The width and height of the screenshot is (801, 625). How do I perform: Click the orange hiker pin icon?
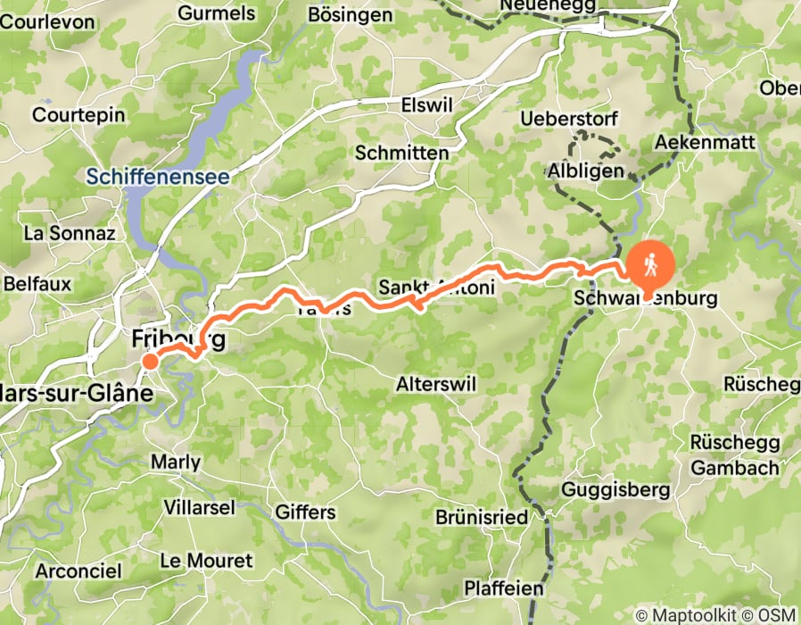pyautogui.click(x=651, y=264)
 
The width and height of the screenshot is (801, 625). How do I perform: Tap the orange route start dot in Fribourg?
pyautogui.click(x=151, y=361)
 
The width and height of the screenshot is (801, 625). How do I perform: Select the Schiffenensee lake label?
pyautogui.click(x=158, y=177)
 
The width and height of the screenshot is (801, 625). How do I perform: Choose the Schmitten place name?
pyautogui.click(x=401, y=153)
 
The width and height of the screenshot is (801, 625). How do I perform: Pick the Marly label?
pyautogui.click(x=176, y=462)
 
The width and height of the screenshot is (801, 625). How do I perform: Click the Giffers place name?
pyautogui.click(x=306, y=512)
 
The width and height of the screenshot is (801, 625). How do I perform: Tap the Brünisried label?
pyautogui.click(x=482, y=517)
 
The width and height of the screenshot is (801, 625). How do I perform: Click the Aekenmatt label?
pyautogui.click(x=705, y=142)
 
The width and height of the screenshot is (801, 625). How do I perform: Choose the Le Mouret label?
pyautogui.click(x=206, y=561)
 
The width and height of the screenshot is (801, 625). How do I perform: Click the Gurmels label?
pyautogui.click(x=216, y=13)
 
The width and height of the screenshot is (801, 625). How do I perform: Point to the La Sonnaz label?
pyautogui.click(x=70, y=234)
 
